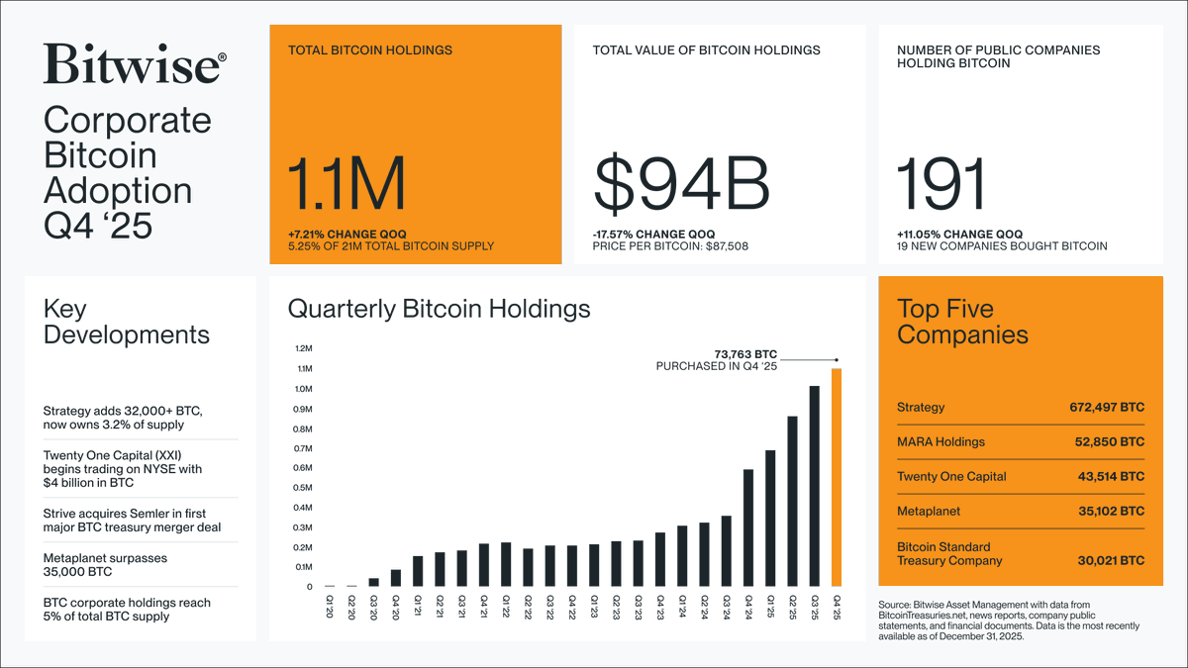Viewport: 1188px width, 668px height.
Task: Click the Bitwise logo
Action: (135, 64)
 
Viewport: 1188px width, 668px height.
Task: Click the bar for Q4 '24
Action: (747, 528)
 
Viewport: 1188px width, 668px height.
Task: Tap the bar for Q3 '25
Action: (815, 486)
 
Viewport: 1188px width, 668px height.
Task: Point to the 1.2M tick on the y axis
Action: (302, 349)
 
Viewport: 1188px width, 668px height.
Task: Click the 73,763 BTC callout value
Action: (746, 352)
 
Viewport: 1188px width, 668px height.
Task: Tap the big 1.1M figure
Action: (346, 185)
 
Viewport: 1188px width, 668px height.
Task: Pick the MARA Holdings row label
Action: (940, 442)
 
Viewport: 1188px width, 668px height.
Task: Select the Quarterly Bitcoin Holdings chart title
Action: (439, 309)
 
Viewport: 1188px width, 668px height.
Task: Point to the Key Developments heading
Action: (127, 322)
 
